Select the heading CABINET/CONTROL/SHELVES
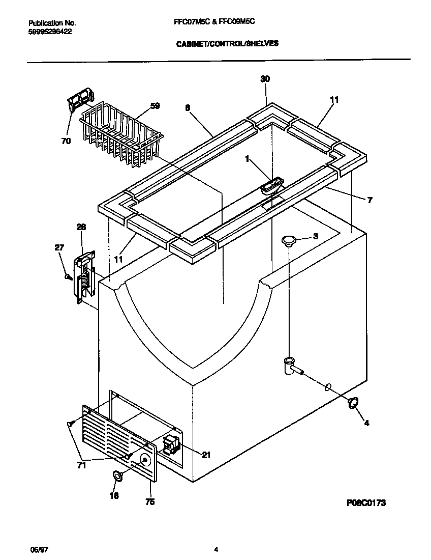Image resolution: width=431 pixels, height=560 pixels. pos(227,44)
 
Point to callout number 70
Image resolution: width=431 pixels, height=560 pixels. pos(66,142)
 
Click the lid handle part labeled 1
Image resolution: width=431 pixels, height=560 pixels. pos(271,185)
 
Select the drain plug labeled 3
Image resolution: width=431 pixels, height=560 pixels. pos(289,240)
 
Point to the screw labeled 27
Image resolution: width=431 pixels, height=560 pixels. pos(67,276)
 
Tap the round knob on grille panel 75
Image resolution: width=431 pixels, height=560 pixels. pos(145,460)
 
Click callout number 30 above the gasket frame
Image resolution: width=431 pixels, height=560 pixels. pos(265,79)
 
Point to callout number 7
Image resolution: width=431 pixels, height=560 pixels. pos(370,200)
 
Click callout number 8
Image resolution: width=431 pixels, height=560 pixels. pos(188,107)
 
